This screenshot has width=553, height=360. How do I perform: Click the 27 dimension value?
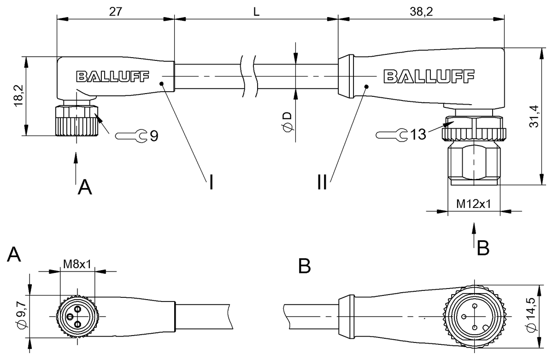point(115,12)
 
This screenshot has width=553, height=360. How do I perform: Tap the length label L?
point(256,12)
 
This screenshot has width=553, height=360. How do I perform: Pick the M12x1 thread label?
point(474,203)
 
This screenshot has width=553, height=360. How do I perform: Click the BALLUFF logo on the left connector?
point(112,76)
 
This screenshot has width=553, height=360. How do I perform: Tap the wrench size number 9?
point(153,136)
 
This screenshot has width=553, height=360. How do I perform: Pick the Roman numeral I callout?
point(211,182)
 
